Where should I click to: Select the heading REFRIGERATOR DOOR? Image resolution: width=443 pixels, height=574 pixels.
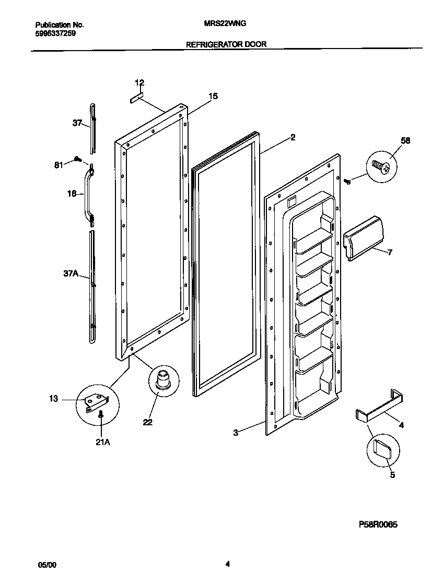(x=226, y=45)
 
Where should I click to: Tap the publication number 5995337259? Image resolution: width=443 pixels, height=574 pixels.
(x=57, y=32)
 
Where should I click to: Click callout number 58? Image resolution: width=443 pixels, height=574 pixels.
(x=405, y=140)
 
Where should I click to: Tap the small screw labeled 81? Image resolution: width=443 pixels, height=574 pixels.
(x=77, y=159)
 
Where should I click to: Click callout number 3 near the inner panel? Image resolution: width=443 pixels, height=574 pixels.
(x=236, y=433)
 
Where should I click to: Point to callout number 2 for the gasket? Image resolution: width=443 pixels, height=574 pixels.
(x=293, y=138)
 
